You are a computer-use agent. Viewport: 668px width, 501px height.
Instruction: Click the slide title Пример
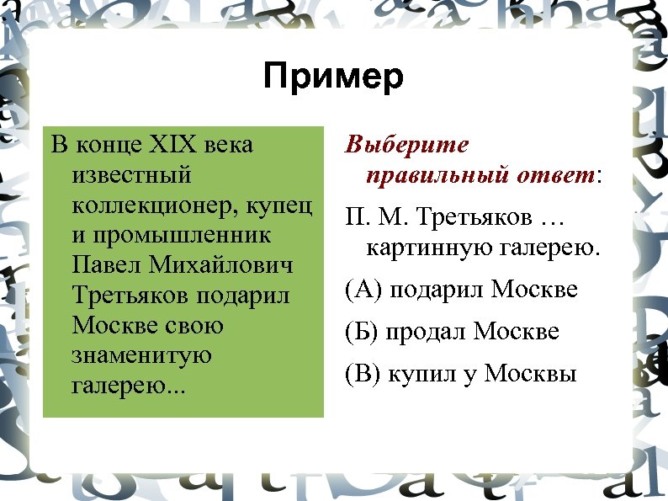click(x=333, y=77)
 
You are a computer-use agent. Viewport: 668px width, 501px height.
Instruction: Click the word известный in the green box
click(x=132, y=176)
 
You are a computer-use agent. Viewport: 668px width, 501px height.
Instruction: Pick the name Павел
click(x=108, y=265)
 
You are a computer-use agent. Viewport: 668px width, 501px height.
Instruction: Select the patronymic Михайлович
click(x=221, y=265)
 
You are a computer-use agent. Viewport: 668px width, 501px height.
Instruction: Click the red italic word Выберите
click(x=407, y=145)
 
